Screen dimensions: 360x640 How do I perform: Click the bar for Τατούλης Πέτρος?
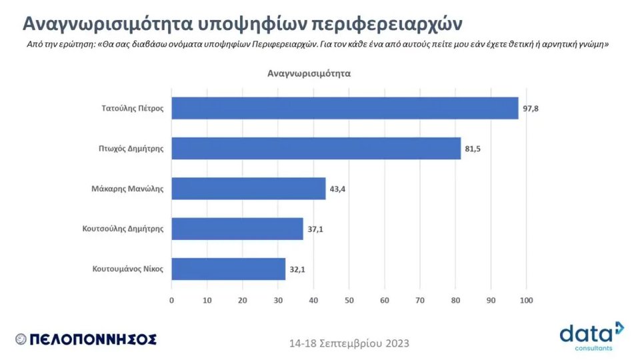[345, 108]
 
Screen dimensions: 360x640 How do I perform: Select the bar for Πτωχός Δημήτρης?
[316, 148]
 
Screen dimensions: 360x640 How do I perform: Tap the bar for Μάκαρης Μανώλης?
[249, 189]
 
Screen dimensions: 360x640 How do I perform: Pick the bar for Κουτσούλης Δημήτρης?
[237, 229]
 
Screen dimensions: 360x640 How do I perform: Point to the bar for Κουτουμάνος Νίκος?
[229, 269]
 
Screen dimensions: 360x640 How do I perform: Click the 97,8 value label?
[531, 108]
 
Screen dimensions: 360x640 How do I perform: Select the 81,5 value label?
[473, 149]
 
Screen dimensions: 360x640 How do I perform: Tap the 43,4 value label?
[337, 189]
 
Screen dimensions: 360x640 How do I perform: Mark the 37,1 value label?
[315, 229]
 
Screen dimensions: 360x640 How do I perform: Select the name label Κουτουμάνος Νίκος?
[127, 269]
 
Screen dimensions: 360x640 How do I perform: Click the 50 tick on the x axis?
[349, 301]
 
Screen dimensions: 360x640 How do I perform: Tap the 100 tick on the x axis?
[526, 301]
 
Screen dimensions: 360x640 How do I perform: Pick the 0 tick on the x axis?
[172, 301]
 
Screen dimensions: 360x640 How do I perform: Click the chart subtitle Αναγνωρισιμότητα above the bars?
[309, 73]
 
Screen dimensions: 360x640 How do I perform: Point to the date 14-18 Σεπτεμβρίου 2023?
[349, 343]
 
